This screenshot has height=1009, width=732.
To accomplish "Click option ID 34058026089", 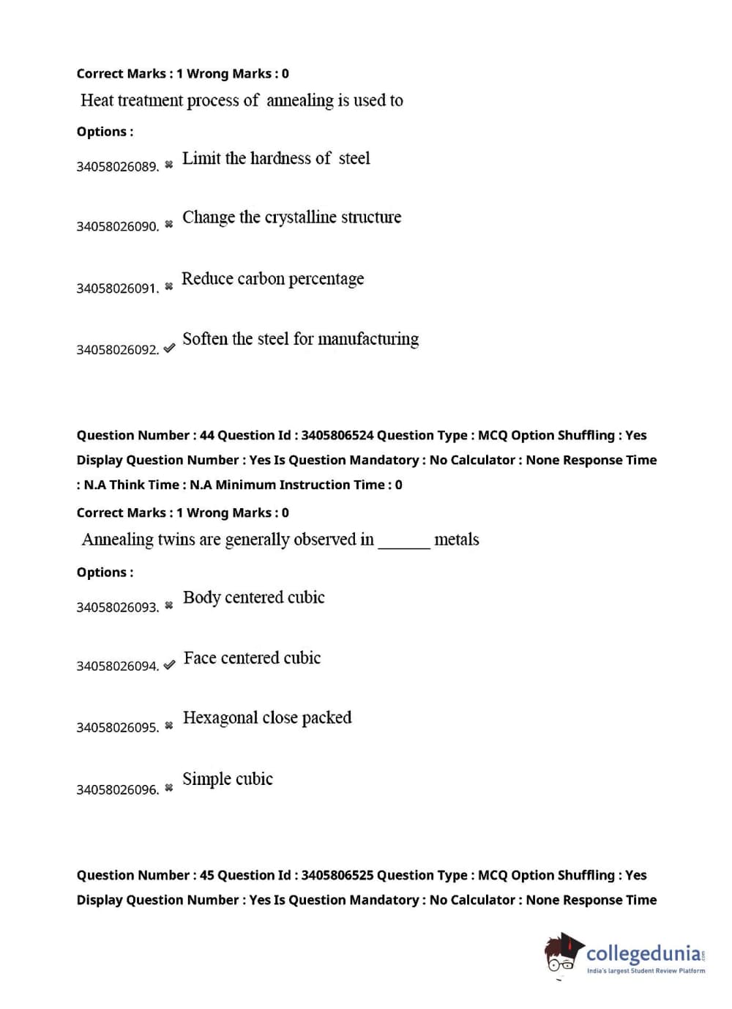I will (117, 167).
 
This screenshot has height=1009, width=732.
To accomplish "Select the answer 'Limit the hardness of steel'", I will (276, 158).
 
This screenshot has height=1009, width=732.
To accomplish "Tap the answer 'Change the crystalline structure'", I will (291, 217).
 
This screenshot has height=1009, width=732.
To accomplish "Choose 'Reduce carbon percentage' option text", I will (272, 279).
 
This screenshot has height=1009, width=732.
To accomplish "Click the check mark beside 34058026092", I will (169, 349).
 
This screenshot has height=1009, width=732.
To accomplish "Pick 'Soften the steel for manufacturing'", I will (300, 339).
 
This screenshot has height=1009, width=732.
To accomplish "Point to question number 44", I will (206, 436).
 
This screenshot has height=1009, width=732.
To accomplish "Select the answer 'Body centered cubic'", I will (253, 597).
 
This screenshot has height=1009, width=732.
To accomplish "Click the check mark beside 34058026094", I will (169, 665).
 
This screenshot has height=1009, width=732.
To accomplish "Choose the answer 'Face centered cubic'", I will (252, 658).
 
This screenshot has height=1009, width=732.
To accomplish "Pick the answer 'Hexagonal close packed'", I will (267, 718).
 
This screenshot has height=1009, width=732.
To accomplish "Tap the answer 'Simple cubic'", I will (228, 779).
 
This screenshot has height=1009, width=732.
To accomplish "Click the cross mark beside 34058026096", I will (169, 788).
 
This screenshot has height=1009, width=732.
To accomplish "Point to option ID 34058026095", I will (117, 728).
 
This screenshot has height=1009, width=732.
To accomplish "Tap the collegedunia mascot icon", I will (562, 954).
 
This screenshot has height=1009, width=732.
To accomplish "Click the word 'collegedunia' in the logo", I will (643, 954).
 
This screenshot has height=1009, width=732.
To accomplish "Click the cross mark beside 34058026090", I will (169, 224).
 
